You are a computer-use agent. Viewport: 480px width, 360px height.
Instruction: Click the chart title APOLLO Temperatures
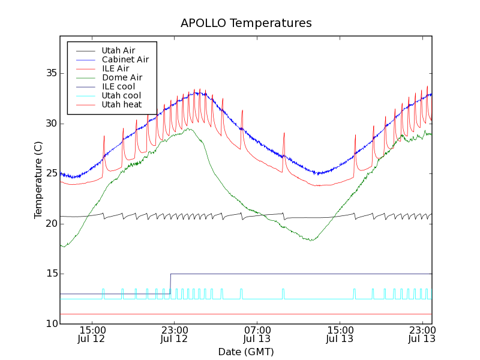point(246,23)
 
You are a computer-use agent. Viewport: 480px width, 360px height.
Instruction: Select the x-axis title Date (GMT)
point(246,352)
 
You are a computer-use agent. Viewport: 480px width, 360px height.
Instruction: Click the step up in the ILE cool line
point(170,283)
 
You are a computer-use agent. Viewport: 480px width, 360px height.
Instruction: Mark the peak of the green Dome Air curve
point(188,128)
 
